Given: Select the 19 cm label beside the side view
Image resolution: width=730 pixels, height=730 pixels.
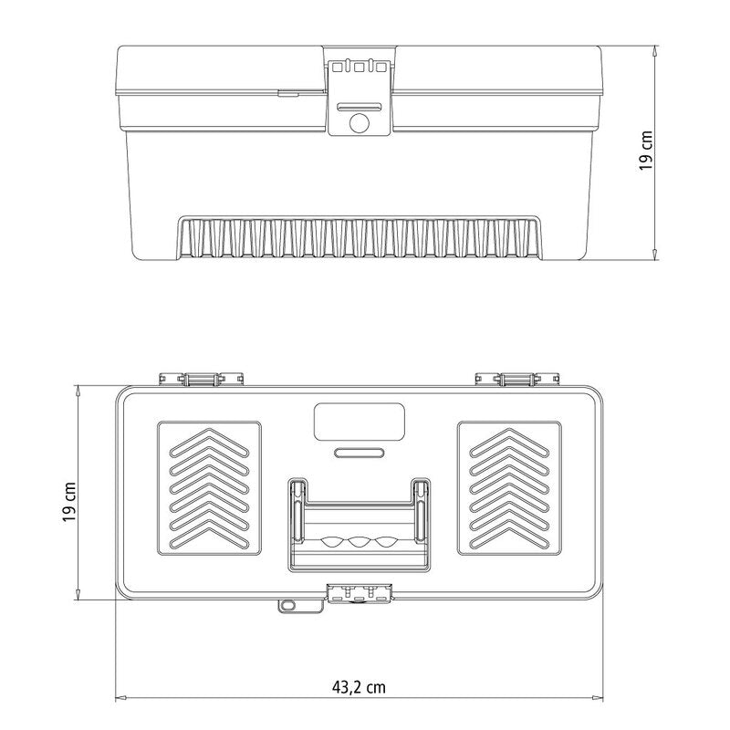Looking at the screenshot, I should pos(646,151).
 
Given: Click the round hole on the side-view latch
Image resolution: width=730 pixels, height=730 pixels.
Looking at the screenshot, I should pos(360,123).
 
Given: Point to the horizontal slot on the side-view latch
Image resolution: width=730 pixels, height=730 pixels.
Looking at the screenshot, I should pos(360,106).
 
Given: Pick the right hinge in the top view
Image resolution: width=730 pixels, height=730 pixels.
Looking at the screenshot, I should pos(514,378).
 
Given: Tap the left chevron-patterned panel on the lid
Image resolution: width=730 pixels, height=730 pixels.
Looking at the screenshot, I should pos(209,488).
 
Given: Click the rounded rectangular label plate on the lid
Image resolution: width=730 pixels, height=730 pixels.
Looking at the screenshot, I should pos(359,422).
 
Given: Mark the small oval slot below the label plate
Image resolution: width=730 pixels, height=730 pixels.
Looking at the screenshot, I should pos(359,452).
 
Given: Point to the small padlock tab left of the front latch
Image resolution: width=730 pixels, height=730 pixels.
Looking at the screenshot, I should pos(287,604).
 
